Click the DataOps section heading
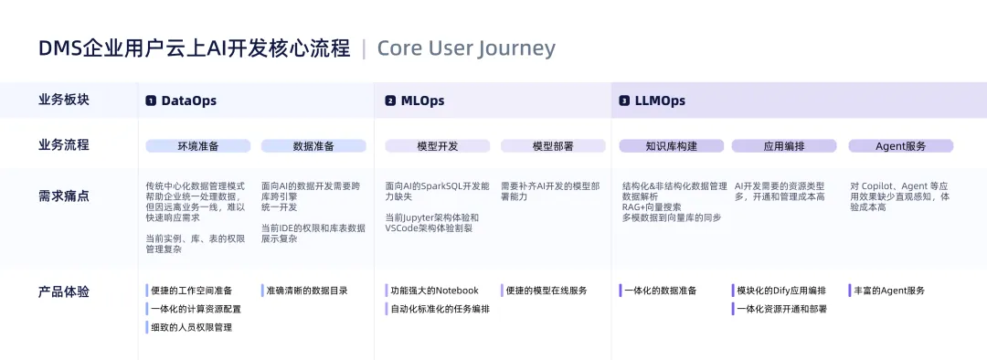(x=189, y=101)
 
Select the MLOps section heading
(x=422, y=101)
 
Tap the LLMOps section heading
(x=661, y=101)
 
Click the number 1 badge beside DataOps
(x=151, y=101)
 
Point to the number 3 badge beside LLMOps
(x=624, y=101)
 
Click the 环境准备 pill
(x=198, y=146)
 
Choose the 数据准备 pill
(x=313, y=146)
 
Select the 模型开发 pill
(x=438, y=146)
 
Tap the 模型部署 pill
(x=553, y=146)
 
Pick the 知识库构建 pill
(x=671, y=146)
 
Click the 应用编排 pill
(x=784, y=146)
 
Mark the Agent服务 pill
(x=901, y=146)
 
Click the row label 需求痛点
(x=64, y=196)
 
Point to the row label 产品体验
(x=64, y=292)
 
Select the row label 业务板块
(x=64, y=100)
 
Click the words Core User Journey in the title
(x=466, y=48)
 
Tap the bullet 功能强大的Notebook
(x=434, y=291)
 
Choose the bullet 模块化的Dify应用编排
(x=781, y=291)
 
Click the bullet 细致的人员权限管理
(x=191, y=327)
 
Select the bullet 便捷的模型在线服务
(x=547, y=291)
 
